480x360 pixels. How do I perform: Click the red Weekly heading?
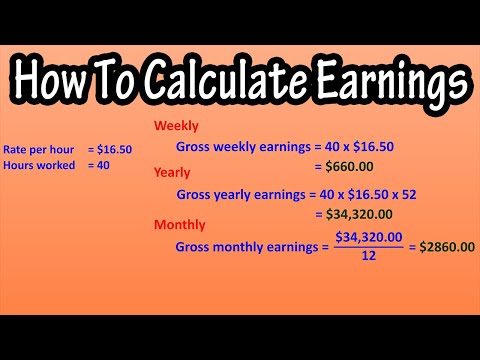[176, 127]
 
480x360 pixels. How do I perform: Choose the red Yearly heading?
[172, 172]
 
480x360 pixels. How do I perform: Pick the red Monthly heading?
[179, 224]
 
